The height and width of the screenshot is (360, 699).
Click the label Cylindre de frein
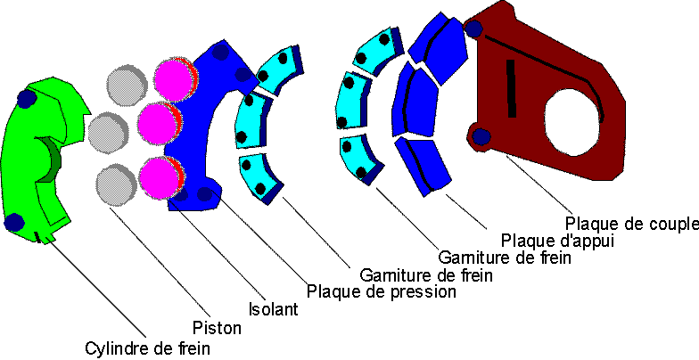click(x=148, y=348)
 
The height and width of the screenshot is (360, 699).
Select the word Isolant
click(x=271, y=309)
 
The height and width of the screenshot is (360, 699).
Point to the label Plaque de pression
click(x=381, y=290)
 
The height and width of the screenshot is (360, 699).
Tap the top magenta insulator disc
click(x=173, y=78)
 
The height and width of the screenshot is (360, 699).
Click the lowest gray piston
click(x=117, y=184)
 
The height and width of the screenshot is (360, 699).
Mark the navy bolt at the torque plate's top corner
click(x=474, y=29)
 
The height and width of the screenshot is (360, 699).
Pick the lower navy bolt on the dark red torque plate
click(x=482, y=136)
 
